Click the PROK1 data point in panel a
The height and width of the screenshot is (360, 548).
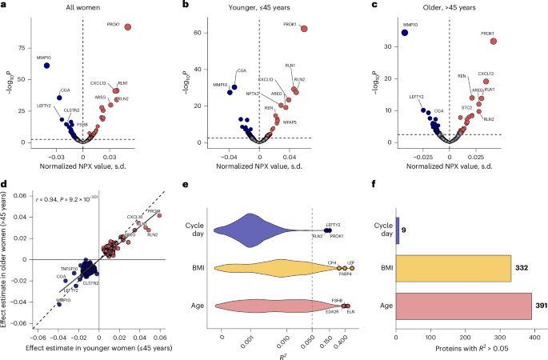tap(127, 27)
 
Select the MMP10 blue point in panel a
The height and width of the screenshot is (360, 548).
tap(46, 65)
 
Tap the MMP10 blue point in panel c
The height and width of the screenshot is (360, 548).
tap(405, 33)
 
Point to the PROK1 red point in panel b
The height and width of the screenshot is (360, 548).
tap(303, 29)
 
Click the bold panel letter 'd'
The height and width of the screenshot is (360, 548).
tap(5, 185)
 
